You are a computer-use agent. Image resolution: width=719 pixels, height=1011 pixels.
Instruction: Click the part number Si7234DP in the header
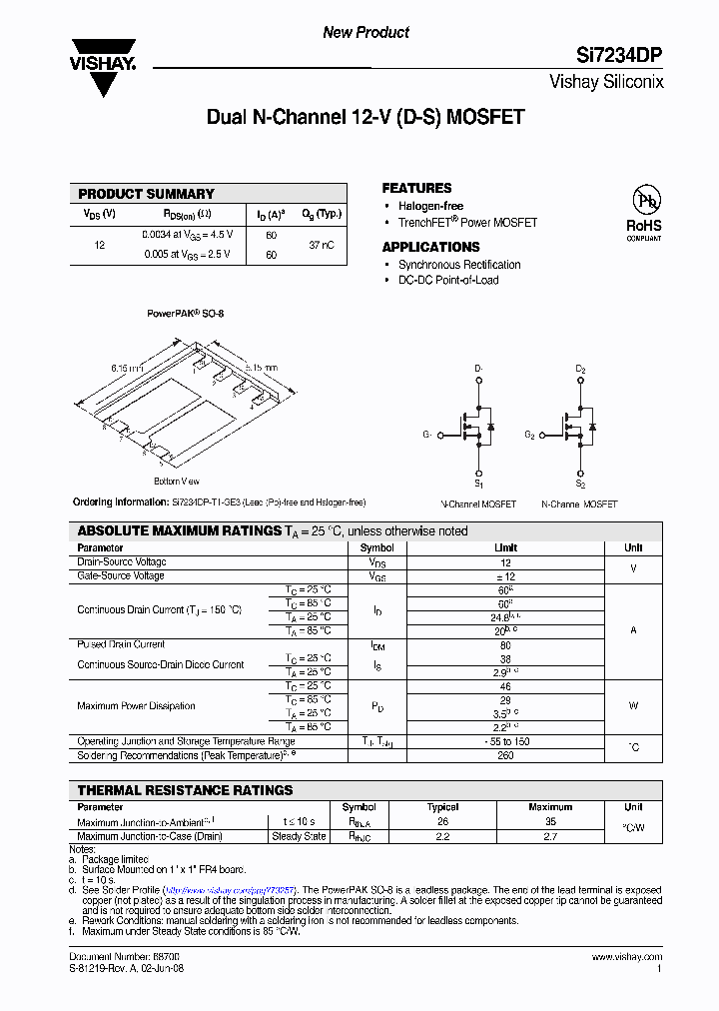pyautogui.click(x=620, y=57)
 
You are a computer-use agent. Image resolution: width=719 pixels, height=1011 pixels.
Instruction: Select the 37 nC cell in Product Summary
pyautogui.click(x=322, y=244)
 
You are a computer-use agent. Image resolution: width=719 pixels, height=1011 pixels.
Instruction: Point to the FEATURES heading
pyautogui.click(x=416, y=188)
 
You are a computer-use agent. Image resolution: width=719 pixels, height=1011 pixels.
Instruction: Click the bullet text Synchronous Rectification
pyautogui.click(x=459, y=265)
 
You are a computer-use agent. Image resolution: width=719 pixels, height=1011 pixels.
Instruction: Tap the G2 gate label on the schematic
pyautogui.click(x=530, y=435)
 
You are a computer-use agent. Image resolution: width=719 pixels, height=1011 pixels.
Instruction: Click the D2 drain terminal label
pyautogui.click(x=580, y=370)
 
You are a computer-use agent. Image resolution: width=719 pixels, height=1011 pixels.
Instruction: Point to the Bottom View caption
pyautogui.click(x=176, y=481)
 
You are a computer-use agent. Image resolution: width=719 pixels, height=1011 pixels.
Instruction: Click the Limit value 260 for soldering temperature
pyautogui.click(x=505, y=755)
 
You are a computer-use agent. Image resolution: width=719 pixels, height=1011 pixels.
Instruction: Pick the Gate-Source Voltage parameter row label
pyautogui.click(x=121, y=576)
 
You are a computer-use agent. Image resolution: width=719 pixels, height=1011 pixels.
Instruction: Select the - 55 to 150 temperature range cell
pyautogui.click(x=505, y=741)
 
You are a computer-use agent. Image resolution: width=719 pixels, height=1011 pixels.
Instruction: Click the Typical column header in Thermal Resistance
pyautogui.click(x=442, y=807)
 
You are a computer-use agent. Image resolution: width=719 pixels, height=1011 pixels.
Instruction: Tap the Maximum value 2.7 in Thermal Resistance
pyautogui.click(x=550, y=836)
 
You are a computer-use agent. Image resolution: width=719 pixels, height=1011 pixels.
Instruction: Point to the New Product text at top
pyautogui.click(x=365, y=33)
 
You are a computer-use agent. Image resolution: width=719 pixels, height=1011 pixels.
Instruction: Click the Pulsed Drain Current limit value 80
pyautogui.click(x=505, y=644)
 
